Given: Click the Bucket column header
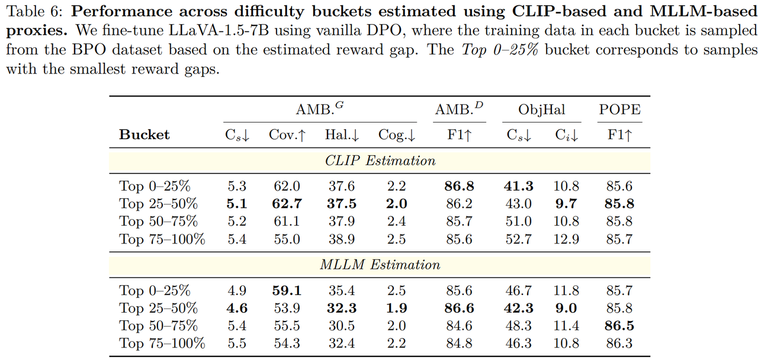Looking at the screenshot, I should [144, 135].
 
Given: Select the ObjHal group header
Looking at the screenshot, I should [541, 110].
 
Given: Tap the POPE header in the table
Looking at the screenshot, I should [620, 110].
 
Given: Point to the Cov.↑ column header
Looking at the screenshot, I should [287, 135].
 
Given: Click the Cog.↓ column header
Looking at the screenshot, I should [396, 135].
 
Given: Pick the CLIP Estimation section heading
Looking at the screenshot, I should [380, 160].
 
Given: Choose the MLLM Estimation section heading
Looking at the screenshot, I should [380, 265].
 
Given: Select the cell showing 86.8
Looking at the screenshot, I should [460, 186].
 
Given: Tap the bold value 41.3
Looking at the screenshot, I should [518, 186].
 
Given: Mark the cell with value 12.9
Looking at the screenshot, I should [566, 239].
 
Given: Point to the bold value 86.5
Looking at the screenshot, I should [619, 326].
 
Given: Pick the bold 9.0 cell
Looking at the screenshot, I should [566, 308].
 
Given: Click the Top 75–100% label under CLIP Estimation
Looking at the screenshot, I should [162, 239].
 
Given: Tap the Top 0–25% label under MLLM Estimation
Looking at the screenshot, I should [155, 291].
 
